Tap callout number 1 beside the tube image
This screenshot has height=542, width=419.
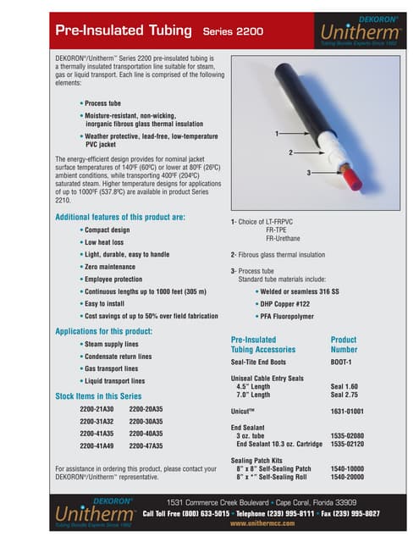(x=277, y=134)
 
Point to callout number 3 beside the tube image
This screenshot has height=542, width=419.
(x=309, y=172)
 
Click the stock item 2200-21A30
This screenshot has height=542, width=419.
(x=96, y=408)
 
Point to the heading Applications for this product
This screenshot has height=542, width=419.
(x=103, y=330)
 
